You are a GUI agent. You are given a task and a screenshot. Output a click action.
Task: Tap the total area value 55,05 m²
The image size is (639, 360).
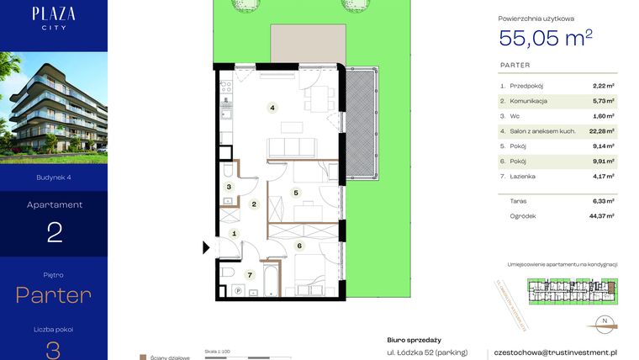(546, 37)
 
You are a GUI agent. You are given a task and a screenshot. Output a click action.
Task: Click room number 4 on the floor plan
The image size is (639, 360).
(272, 107)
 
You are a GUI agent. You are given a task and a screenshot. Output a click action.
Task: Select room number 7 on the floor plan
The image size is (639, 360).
(249, 274)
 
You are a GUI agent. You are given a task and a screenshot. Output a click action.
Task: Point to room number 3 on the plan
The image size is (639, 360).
(228, 187)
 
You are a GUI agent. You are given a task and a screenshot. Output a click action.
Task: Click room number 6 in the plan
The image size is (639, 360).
(298, 246)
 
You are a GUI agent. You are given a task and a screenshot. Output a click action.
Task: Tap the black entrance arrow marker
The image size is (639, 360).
(207, 247)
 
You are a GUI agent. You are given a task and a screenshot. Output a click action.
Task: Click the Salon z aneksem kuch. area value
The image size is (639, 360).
(604, 130)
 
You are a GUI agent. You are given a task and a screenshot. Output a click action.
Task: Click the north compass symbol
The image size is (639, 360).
(603, 321)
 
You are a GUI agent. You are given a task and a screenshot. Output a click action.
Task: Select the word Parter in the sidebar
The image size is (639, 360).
(54, 294)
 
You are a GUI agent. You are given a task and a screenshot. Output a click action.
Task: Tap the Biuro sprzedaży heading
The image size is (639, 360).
(407, 339)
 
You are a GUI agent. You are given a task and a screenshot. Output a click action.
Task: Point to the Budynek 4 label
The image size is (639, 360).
(55, 177)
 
